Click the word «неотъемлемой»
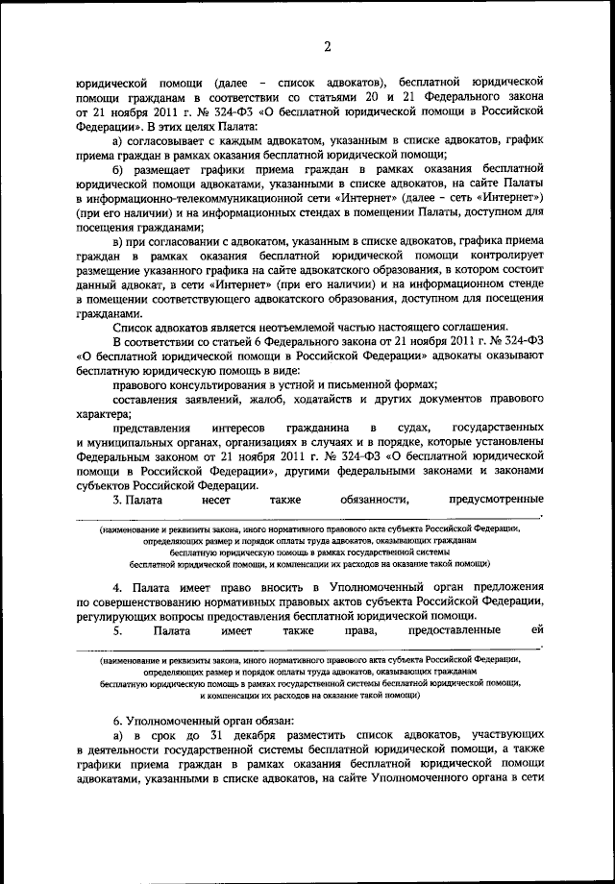pos(277,327)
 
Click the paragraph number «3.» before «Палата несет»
pos(117,499)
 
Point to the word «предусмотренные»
pos(496,499)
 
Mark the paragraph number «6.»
pos(117,721)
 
